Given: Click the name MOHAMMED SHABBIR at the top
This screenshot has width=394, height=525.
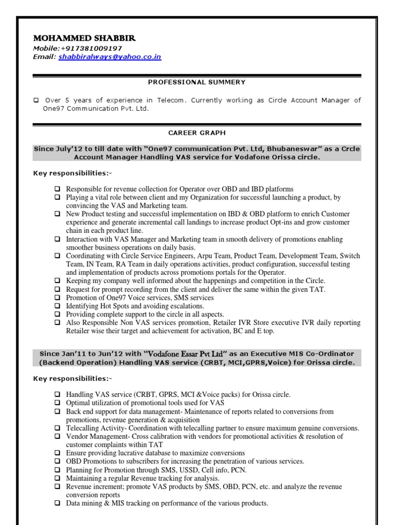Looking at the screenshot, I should [x=85, y=39].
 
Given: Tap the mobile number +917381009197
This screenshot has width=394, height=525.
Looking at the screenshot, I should [x=92, y=48].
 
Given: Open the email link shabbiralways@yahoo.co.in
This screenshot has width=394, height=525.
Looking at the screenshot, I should [x=110, y=57].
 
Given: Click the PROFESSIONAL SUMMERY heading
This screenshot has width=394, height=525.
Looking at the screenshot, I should [x=197, y=82].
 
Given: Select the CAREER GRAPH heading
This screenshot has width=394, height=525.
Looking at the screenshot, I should [x=197, y=133].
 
